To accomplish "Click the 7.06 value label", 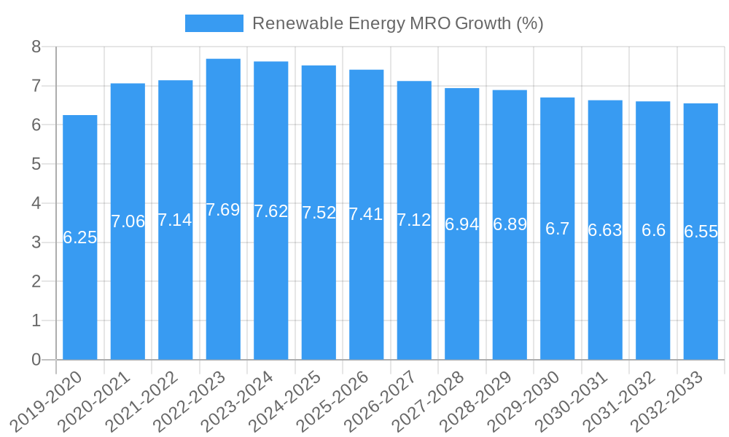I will [x=128, y=221].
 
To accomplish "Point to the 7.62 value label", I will [x=271, y=212].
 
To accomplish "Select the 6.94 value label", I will [x=462, y=224].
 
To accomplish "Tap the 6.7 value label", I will [x=558, y=229].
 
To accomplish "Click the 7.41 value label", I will [x=366, y=214].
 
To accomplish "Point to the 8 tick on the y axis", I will [x=36, y=47].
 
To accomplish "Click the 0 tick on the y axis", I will [x=36, y=360].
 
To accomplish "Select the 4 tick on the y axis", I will [x=36, y=203].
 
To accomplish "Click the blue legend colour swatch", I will [x=214, y=23].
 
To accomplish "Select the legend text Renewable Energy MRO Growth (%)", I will [x=397, y=23].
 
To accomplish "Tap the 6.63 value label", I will [x=605, y=231].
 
